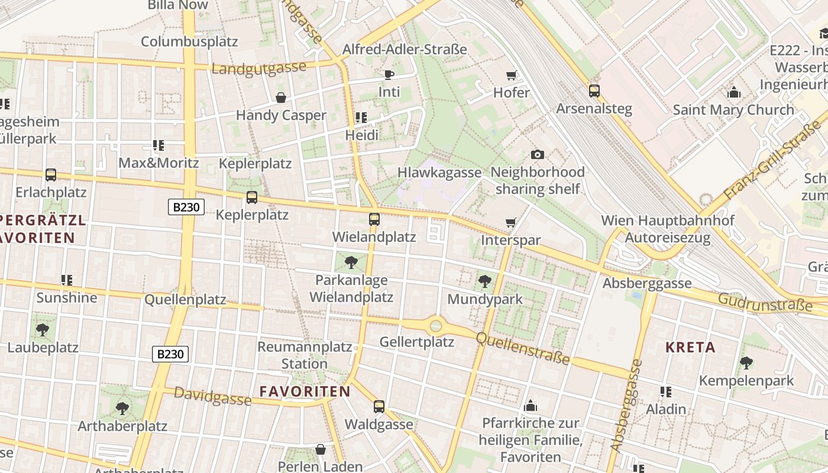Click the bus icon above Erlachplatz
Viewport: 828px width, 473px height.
point(51,175)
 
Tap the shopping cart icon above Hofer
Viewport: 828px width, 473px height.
point(512,75)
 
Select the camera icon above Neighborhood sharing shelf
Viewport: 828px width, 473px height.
point(537,154)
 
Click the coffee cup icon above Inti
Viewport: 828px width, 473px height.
point(389,74)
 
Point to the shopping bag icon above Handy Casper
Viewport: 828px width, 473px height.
point(281,98)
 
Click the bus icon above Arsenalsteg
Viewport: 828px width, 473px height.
point(594,91)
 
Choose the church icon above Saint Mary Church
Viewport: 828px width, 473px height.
point(734,92)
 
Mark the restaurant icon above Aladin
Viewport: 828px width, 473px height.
point(666,391)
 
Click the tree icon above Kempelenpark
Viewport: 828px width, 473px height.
point(746,362)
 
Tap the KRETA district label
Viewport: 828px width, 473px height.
point(690,347)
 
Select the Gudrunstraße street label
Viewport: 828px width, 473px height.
point(765,302)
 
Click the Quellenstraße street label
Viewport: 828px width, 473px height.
point(523,348)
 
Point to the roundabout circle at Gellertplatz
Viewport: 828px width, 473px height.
point(436,325)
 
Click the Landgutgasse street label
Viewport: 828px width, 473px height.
point(258,67)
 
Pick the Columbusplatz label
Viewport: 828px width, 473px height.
point(189,41)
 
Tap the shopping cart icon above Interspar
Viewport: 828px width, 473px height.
point(511,223)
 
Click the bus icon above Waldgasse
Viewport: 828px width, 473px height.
point(379,407)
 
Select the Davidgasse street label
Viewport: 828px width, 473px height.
point(212,397)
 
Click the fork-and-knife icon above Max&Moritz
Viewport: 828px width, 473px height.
point(158,145)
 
